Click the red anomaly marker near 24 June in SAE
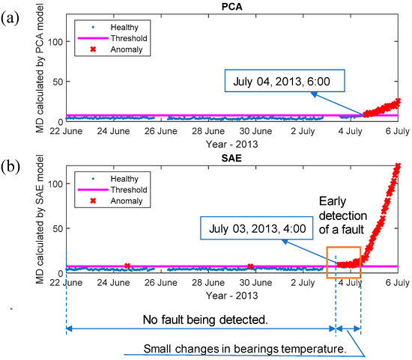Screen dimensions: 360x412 pyautogui.click(x=127, y=266)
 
